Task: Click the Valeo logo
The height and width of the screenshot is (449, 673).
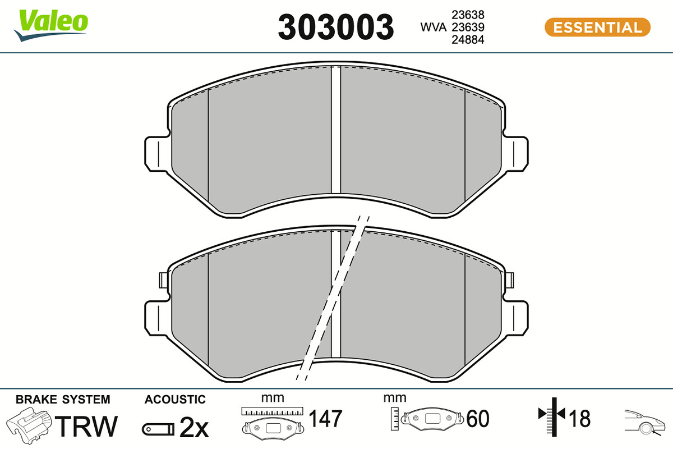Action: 51,25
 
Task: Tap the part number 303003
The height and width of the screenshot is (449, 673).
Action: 335,27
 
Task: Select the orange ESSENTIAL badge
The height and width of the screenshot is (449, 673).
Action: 598,28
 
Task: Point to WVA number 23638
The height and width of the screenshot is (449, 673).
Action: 468,15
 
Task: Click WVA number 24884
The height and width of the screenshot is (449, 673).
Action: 468,40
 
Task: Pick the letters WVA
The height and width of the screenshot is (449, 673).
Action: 433,28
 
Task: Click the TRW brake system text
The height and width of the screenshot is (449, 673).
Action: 86,426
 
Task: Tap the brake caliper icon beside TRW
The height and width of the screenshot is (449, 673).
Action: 29,425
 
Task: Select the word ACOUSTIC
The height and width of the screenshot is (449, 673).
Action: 175,400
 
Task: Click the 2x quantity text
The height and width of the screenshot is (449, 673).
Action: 194,428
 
